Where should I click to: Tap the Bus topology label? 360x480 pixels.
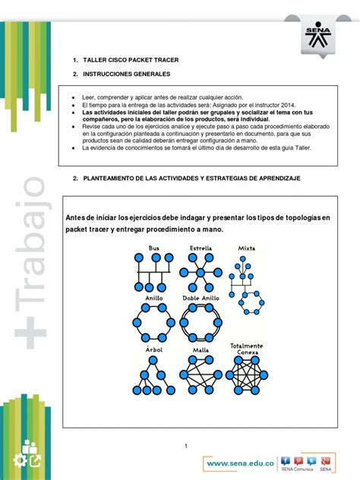(x=154, y=248)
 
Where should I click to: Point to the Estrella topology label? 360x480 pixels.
(x=201, y=248)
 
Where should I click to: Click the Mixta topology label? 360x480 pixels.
(x=246, y=248)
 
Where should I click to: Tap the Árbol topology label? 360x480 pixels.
(x=153, y=349)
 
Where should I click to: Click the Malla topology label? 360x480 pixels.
(x=201, y=350)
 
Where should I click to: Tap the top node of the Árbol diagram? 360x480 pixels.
(x=154, y=359)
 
